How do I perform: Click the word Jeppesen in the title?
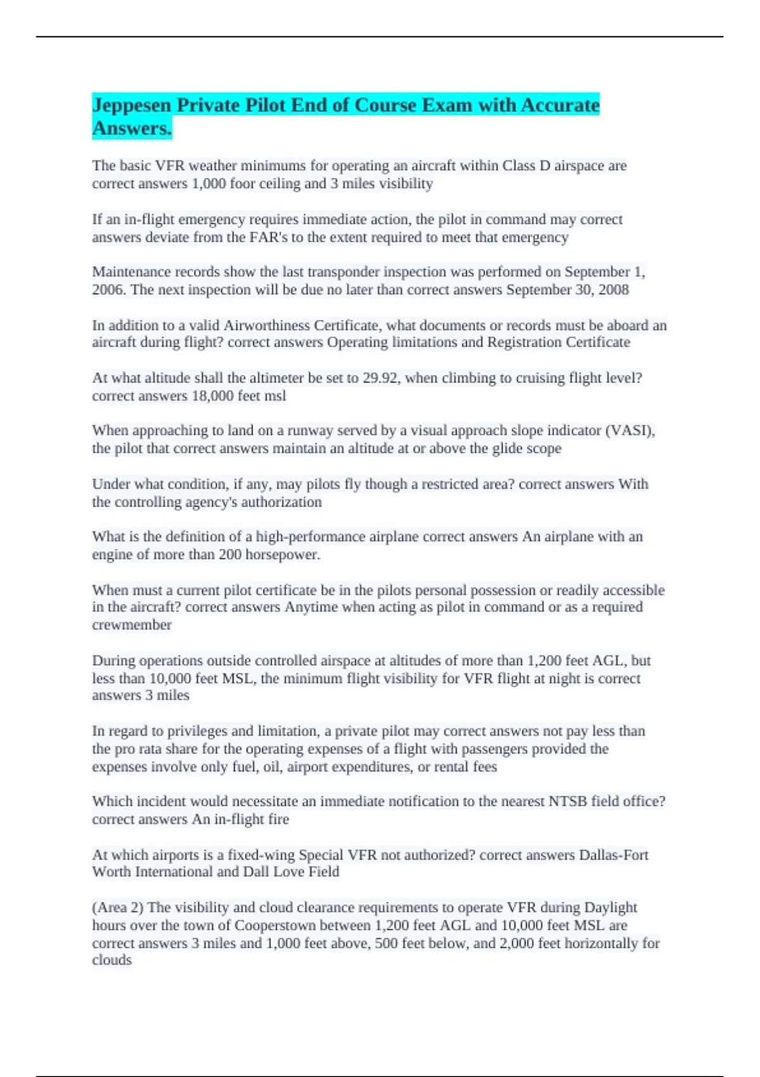tap(132, 105)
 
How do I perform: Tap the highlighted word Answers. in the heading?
tap(132, 129)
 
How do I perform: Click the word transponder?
tap(348, 272)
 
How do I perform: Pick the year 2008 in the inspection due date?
tap(612, 290)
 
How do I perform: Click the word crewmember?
tap(132, 625)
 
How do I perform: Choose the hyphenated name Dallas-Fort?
tap(614, 855)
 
